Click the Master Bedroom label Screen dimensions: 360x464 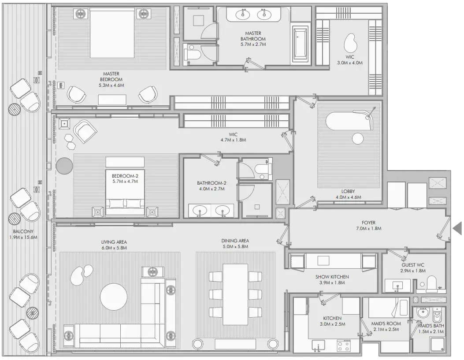[111, 77]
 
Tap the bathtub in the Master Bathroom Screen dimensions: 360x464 [301, 44]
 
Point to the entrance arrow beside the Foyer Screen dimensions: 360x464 [457, 228]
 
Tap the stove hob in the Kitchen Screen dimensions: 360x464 [343, 345]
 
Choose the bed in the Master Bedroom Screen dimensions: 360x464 [112, 33]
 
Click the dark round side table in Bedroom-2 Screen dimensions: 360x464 [64, 166]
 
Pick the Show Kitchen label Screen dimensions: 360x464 [332, 277]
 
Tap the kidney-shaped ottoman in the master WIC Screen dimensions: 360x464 [351, 43]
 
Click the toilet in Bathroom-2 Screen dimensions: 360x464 [264, 170]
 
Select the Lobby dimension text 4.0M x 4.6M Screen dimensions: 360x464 [348, 197]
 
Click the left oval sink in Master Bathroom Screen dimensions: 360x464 [242, 15]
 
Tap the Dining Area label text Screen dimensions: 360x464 [235, 241]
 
